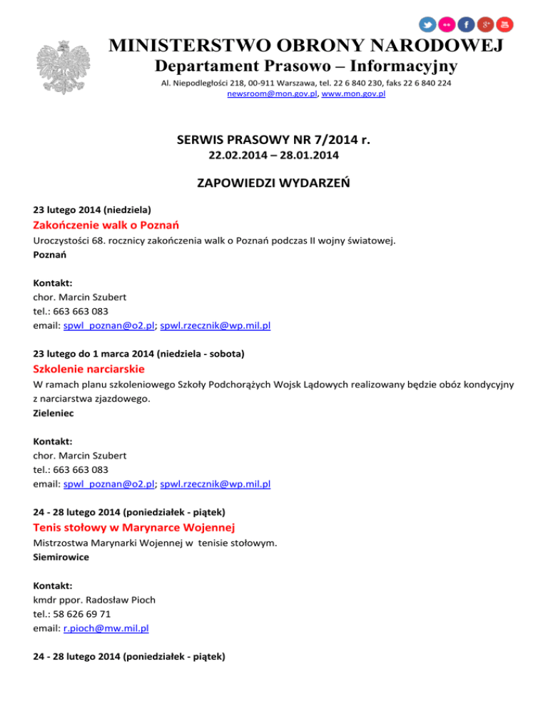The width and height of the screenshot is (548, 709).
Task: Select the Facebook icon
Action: click(x=467, y=24)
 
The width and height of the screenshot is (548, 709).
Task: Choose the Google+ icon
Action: click(x=485, y=24)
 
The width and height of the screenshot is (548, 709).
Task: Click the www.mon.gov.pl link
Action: click(x=354, y=94)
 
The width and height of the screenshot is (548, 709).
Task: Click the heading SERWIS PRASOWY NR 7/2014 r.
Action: click(x=273, y=140)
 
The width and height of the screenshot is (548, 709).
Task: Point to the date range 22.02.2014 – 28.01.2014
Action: click(x=273, y=155)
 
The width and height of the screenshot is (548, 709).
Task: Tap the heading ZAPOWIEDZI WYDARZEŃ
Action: click(x=273, y=183)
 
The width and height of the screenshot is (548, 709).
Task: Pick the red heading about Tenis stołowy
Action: click(x=135, y=528)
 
